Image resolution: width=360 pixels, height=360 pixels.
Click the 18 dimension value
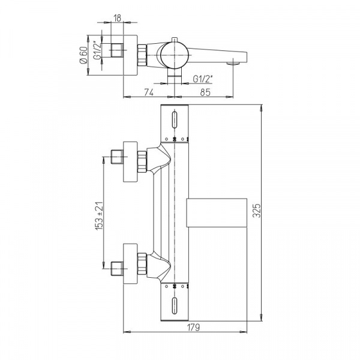[117, 18]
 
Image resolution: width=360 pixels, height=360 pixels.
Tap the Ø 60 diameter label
[83, 55]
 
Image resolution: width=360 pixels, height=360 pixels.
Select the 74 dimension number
[149, 92]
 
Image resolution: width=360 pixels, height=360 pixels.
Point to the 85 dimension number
[205, 92]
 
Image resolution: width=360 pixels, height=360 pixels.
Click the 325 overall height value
[257, 211]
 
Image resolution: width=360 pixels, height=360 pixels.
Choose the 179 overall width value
[193, 327]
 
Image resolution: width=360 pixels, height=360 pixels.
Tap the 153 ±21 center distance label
[99, 216]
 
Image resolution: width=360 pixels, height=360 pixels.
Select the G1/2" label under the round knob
[203, 79]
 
